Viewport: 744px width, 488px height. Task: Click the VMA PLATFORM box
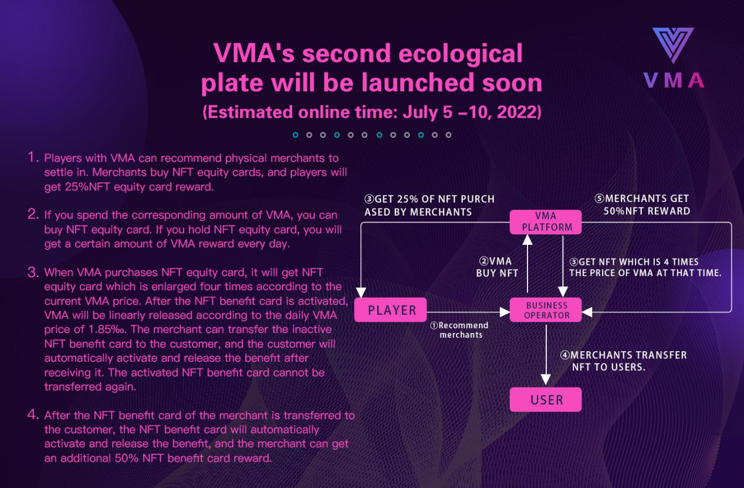click(x=545, y=222)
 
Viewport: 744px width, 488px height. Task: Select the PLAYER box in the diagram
click(x=390, y=310)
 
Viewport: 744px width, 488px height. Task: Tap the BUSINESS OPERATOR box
click(x=545, y=310)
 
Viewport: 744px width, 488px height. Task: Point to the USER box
click(x=545, y=399)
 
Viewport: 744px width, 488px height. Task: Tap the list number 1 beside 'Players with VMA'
click(x=32, y=157)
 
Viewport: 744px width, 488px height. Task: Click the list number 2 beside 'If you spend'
click(x=33, y=214)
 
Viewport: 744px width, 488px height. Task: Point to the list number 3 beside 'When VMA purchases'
click(x=33, y=272)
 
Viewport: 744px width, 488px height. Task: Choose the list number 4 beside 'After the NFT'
click(x=33, y=415)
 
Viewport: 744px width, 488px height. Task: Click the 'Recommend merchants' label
click(x=459, y=330)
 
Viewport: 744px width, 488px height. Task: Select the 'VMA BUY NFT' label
click(x=497, y=267)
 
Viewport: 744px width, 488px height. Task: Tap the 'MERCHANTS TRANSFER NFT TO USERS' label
click(x=623, y=361)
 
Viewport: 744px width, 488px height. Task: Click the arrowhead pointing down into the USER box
click(x=546, y=379)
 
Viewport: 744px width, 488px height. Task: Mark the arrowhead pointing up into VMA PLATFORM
click(x=527, y=240)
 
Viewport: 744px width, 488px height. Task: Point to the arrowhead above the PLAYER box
click(x=361, y=292)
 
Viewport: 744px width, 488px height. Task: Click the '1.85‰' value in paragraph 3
click(x=108, y=329)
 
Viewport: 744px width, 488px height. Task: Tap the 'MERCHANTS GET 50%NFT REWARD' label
click(x=642, y=205)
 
